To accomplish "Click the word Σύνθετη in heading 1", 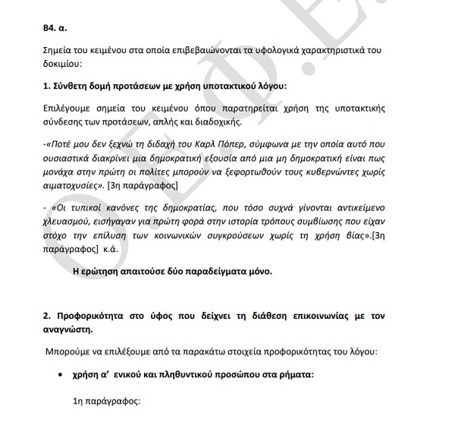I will [x=72, y=86].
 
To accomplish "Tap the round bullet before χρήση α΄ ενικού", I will [x=61, y=376].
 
